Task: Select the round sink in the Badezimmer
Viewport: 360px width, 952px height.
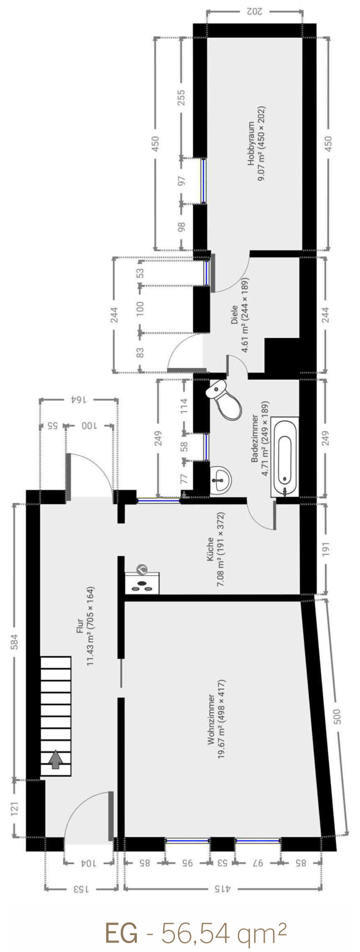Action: pos(221,479)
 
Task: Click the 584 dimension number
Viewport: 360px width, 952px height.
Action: pos(14,642)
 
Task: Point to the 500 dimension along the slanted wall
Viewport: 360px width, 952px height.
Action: pos(337,715)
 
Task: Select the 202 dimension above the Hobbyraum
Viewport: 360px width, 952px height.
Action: pos(254,11)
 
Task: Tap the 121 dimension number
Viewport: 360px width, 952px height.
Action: pos(14,809)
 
